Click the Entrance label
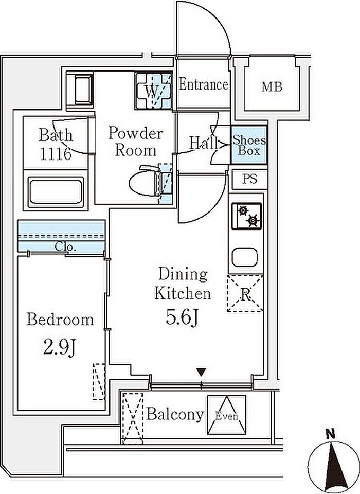pyautogui.click(x=204, y=84)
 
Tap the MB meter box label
pyautogui.click(x=272, y=86)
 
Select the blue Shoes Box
pyautogui.click(x=249, y=145)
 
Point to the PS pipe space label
pyautogui.click(x=249, y=179)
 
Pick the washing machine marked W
pyautogui.click(x=154, y=91)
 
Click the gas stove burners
pyautogui.click(x=247, y=216)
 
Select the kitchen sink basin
pyautogui.click(x=245, y=257)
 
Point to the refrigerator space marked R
pyautogui.click(x=245, y=294)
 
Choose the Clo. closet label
pyautogui.click(x=65, y=246)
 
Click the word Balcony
pyautogui.click(x=175, y=415)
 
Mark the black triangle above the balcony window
pyautogui.click(x=201, y=373)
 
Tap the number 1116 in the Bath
pyautogui.click(x=55, y=154)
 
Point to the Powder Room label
pyautogui.click(x=136, y=142)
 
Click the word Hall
pyautogui.click(x=204, y=144)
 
